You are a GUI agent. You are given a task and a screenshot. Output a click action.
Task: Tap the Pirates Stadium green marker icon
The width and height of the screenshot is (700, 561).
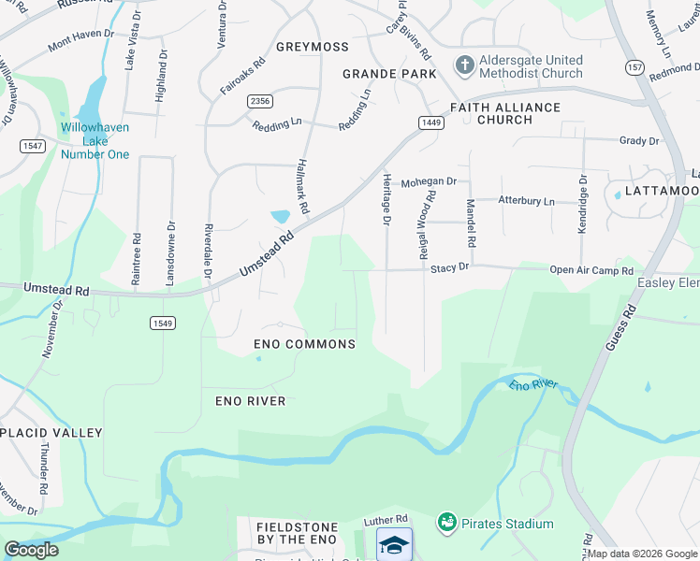tap(446, 523)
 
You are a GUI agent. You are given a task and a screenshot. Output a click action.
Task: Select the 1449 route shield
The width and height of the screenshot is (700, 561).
tap(430, 122)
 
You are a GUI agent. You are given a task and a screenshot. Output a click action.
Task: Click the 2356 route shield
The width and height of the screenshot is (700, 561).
tap(260, 100)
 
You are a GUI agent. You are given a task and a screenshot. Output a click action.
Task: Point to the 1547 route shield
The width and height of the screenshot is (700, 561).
tap(32, 145)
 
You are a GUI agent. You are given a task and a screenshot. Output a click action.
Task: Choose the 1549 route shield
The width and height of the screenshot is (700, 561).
tap(162, 323)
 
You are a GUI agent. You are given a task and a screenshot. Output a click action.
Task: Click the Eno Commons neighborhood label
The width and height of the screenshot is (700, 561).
tap(305, 344)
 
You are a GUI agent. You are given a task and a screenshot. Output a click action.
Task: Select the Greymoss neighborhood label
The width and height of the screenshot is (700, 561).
tap(313, 47)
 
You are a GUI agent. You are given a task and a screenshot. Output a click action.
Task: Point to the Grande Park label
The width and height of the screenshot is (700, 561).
tap(389, 73)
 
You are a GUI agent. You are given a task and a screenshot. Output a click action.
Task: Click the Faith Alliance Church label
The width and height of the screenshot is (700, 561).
tap(505, 113)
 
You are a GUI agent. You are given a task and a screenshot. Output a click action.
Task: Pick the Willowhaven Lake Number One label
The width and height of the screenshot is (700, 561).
tap(95, 140)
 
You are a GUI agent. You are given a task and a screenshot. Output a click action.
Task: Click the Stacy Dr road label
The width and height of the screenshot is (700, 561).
tap(449, 267)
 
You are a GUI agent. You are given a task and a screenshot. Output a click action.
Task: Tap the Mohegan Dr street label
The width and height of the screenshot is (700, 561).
tap(429, 182)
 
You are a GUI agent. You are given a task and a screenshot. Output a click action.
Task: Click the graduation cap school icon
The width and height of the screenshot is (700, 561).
tap(394, 543)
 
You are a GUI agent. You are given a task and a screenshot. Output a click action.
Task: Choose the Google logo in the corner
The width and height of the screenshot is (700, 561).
tap(31, 550)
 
